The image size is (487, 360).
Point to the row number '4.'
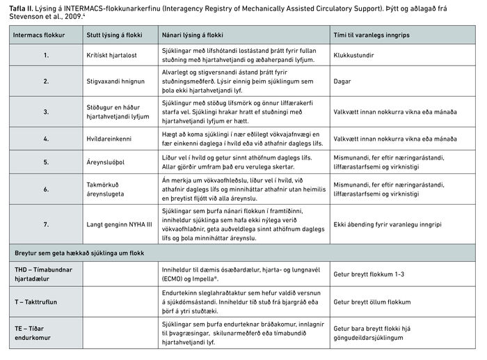46,139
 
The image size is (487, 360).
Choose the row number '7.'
46,225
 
